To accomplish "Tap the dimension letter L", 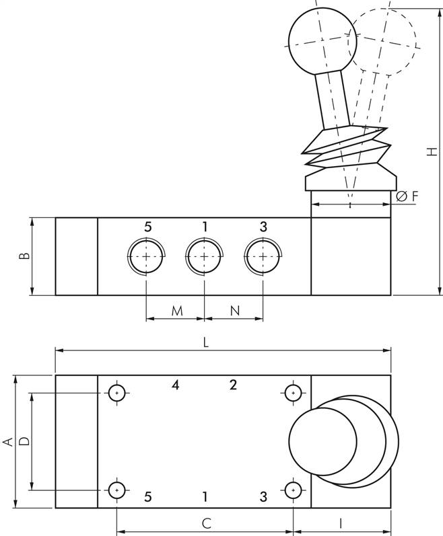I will click(206, 342).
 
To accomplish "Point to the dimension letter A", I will click(8, 441).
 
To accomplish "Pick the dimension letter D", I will click(24, 441).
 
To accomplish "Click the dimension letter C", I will click(207, 523).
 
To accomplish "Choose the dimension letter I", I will click(341, 523).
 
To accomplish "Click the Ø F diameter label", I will click(407, 196).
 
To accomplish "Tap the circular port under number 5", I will click(146, 256).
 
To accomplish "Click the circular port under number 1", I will click(204, 256).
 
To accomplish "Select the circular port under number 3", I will click(262, 256).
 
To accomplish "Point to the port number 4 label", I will click(175, 385).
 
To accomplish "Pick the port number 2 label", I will click(233, 385).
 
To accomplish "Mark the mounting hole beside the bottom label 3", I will click(293, 490).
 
